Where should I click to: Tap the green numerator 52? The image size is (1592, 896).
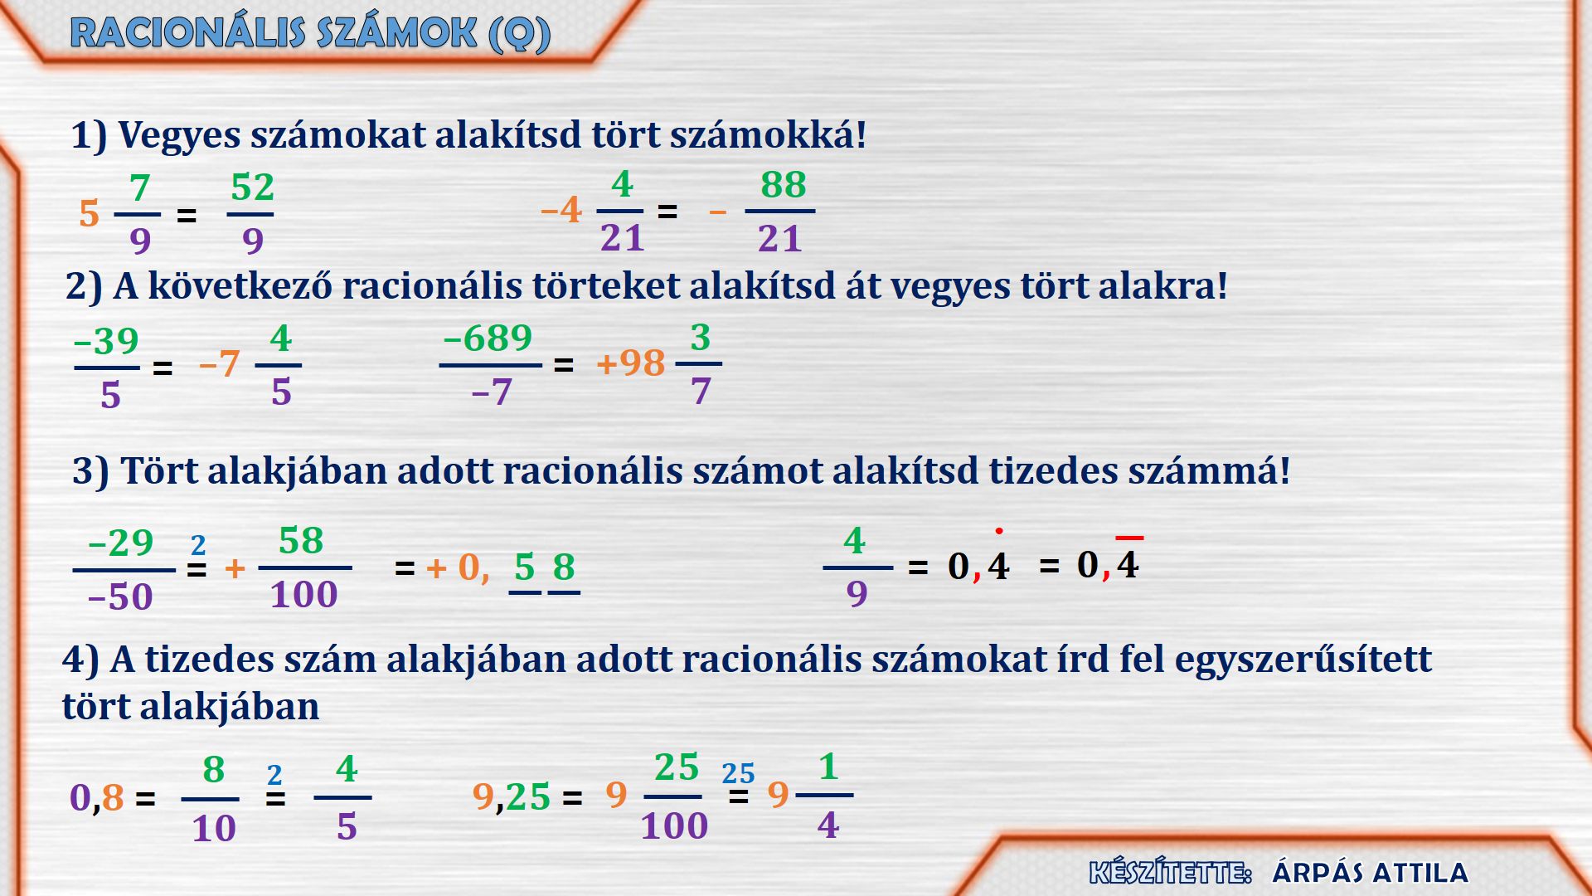252,187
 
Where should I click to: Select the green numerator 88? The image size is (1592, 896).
783,184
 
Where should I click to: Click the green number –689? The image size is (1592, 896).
488,338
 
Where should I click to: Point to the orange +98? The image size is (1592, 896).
630,363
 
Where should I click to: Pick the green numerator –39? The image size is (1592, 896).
106,341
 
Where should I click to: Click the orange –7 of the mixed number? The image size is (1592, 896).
219,363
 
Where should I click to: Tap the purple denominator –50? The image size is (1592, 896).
120,597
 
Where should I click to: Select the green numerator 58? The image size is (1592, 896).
301,541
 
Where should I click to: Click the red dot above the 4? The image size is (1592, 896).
999,531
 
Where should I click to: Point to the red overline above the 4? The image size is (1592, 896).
1129,538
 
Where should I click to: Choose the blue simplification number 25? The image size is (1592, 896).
738,773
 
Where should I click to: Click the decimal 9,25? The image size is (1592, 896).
512,796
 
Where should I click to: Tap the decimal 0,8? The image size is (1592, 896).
97,797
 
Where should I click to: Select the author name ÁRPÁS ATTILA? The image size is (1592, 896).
1371,873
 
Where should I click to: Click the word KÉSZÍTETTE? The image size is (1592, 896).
1170,873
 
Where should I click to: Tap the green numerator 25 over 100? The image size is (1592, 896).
677,767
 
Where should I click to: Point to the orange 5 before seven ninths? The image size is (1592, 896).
90,214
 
